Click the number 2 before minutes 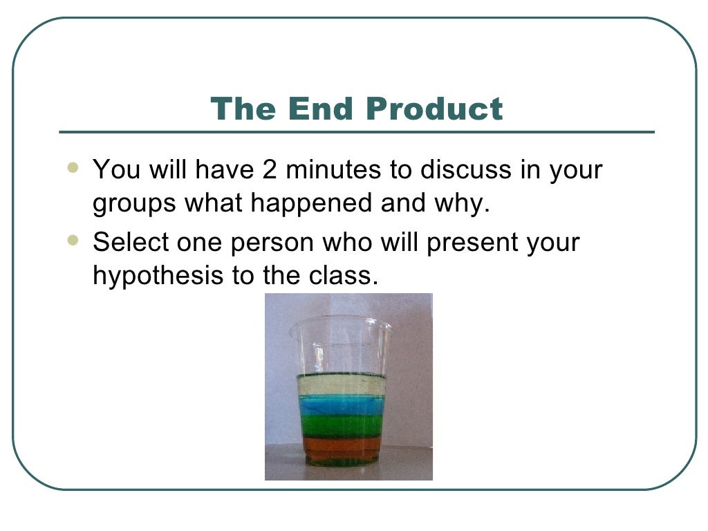(x=270, y=170)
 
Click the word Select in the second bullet (x=125, y=243)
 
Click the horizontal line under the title (x=356, y=131)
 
